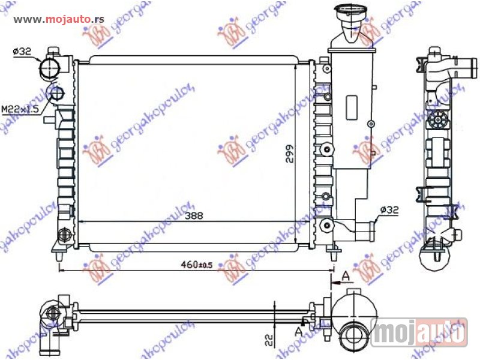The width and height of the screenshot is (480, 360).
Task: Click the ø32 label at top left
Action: pos(22,52)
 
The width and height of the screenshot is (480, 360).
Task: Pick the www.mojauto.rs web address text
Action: pos(59,19)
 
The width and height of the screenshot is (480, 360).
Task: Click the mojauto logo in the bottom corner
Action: pos(419,332)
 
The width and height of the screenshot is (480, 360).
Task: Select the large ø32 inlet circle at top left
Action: pos(49,68)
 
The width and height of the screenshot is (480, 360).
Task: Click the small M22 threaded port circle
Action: pos(56,93)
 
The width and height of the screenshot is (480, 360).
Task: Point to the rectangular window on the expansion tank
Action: pos(352,109)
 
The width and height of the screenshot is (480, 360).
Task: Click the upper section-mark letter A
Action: pos(346,276)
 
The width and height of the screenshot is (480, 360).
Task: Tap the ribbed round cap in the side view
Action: pos(439,122)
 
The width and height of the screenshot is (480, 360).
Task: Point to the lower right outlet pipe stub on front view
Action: pos(365,229)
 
